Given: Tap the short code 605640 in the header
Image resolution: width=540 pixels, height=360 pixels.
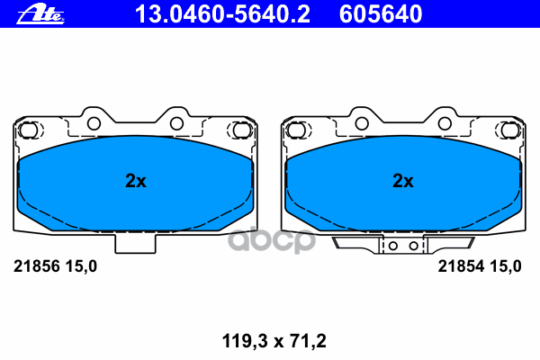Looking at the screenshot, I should click(x=380, y=13).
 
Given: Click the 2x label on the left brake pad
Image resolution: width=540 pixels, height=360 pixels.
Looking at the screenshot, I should click(x=135, y=181).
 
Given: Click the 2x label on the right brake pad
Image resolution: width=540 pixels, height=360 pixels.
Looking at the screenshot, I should click(x=402, y=181).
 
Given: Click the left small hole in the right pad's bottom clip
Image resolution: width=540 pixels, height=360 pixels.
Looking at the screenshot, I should click(x=392, y=244).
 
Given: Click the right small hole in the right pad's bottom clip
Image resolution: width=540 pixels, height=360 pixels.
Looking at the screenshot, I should click(x=413, y=244).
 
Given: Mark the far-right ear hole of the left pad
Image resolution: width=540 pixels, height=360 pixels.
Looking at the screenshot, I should click(x=241, y=131).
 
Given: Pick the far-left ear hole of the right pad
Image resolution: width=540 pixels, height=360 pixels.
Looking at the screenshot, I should click(x=294, y=131).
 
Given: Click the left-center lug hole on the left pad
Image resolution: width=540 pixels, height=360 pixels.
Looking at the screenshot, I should click(x=93, y=124).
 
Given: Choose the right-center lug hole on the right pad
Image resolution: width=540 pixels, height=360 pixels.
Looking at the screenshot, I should click(x=445, y=124).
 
